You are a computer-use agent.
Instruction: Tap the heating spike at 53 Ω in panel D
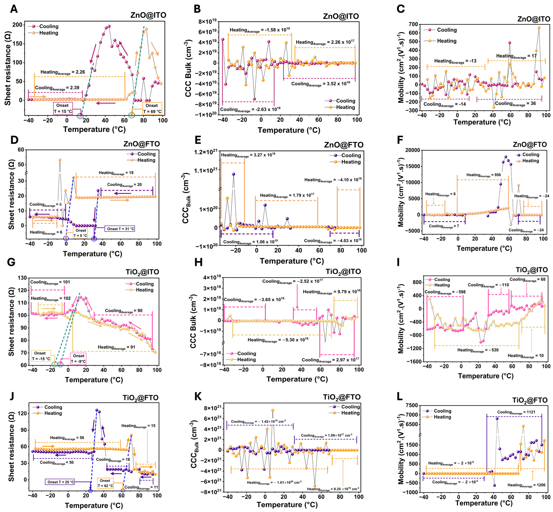(60, 160)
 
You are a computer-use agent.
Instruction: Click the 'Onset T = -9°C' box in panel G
(78, 358)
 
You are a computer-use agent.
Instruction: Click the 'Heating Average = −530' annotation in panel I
(478, 350)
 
